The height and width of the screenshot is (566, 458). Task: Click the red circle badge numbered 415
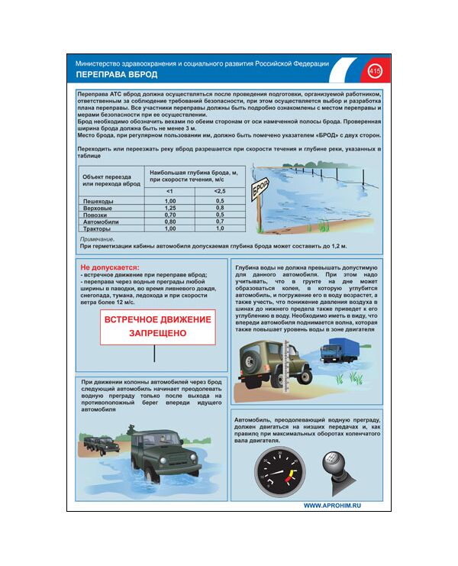pyautogui.click(x=374, y=71)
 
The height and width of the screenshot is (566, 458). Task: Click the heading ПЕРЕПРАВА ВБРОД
pyautogui.click(x=117, y=75)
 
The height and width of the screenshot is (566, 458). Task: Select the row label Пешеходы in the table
pyautogui.click(x=98, y=200)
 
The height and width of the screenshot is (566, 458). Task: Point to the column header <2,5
pyautogui.click(x=220, y=190)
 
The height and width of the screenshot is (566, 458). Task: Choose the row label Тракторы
pyautogui.click(x=97, y=228)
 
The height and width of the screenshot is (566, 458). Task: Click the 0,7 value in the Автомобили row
pyautogui.click(x=220, y=222)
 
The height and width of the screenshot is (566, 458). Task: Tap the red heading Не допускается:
pyautogui.click(x=110, y=268)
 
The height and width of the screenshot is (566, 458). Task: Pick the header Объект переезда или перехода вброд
pyautogui.click(x=111, y=180)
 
